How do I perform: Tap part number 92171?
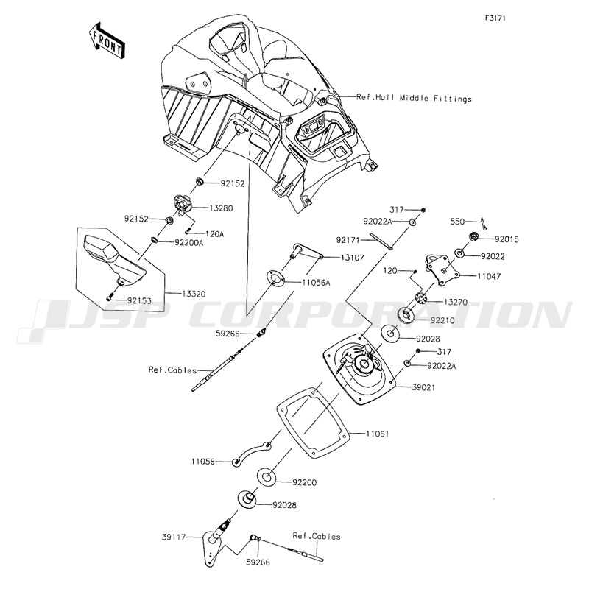point(350,239)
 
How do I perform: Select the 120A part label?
point(214,234)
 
